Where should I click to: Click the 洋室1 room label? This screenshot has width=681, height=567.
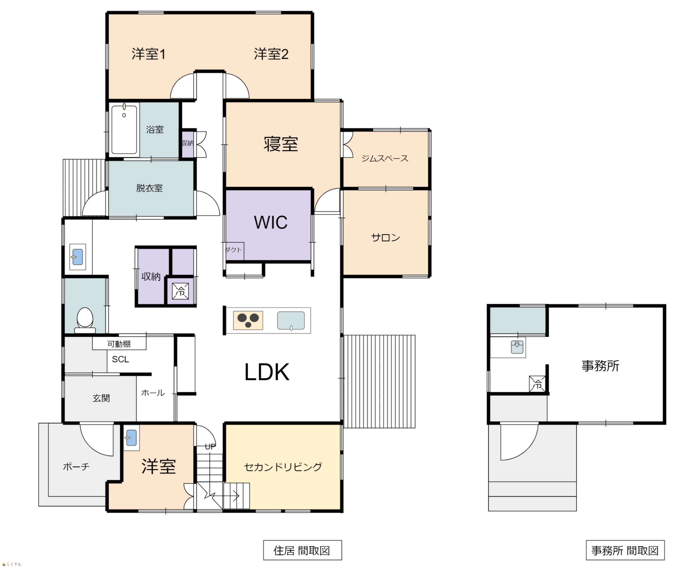point(148,54)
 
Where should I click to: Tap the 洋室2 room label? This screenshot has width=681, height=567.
point(271,54)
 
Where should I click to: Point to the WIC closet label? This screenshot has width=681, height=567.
point(270,222)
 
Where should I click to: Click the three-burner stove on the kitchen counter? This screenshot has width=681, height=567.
point(248,320)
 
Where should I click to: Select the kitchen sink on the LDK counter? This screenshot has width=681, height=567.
point(291,320)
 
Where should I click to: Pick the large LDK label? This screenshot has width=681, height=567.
point(267,372)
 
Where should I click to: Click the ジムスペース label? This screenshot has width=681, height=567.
point(385,158)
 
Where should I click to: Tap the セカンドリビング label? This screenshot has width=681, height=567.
point(283,467)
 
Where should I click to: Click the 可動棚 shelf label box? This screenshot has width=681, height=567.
point(119,344)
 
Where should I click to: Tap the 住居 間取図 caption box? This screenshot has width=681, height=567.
point(302,550)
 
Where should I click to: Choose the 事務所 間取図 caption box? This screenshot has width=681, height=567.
point(625,550)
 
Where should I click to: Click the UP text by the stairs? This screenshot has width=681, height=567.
point(210,447)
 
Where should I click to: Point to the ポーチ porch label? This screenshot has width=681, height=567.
point(76,467)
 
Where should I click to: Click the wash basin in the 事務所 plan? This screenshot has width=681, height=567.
point(517,347)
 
